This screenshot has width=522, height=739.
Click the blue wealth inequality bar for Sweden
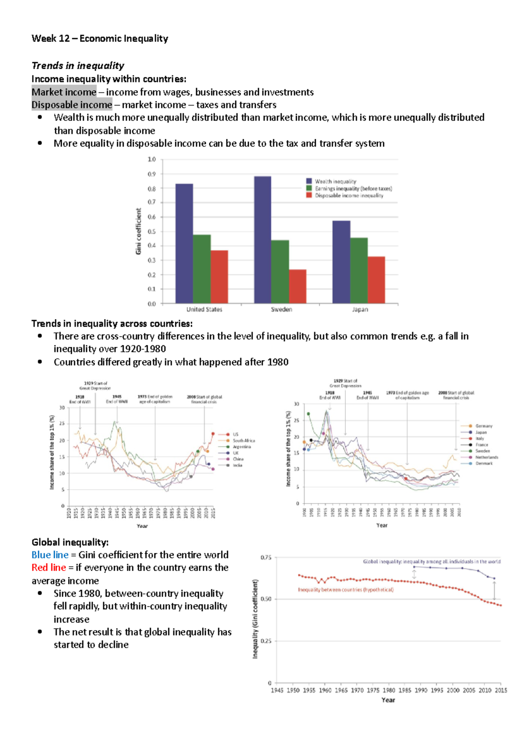262,239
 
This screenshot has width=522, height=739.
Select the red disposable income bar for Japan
376,280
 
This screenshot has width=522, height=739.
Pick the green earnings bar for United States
202,269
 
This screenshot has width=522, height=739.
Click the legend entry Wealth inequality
335,181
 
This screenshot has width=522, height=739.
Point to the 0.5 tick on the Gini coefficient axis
151,232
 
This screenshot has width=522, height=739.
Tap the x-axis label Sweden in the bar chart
281,309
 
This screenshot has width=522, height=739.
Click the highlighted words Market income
64,92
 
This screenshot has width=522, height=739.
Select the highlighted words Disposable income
72,105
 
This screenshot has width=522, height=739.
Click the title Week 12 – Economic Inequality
100,38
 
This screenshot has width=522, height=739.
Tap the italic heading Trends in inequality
78,66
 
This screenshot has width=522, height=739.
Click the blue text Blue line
50,555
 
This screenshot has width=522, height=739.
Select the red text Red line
49,568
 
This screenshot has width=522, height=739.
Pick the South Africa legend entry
244,440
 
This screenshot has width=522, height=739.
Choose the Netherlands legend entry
486,457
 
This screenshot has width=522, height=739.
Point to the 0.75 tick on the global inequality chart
265,558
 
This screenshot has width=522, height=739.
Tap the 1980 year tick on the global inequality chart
388,690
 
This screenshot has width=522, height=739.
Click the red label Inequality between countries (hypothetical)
345,590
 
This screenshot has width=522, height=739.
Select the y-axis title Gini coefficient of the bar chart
138,231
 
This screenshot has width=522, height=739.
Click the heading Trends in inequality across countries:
112,324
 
